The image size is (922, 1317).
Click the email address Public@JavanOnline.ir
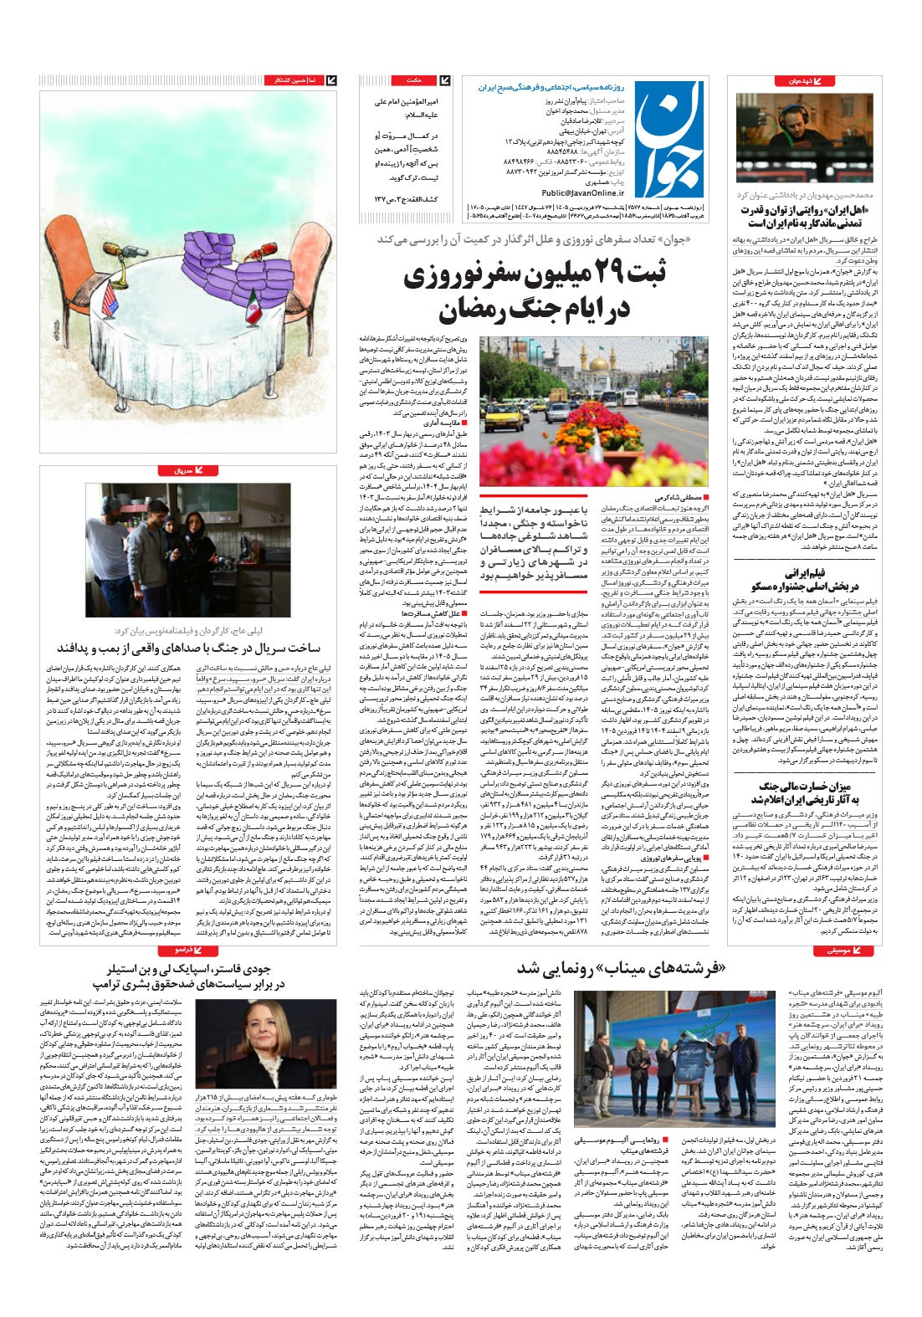click(576, 192)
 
